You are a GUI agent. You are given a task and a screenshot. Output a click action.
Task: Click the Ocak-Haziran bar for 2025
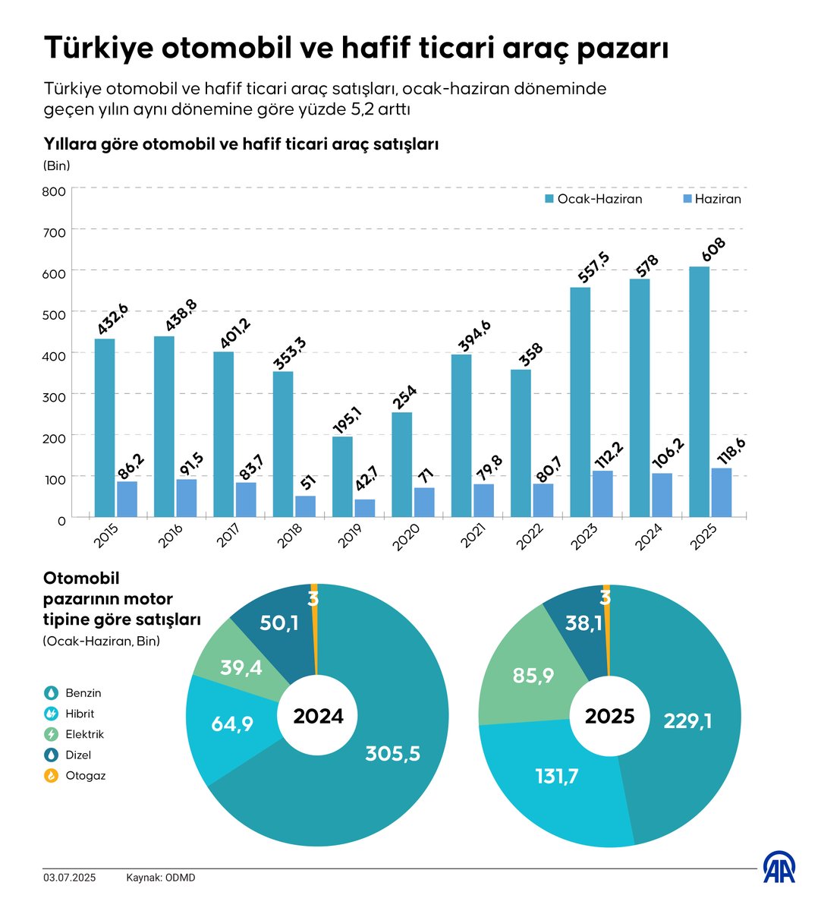tap(699, 392)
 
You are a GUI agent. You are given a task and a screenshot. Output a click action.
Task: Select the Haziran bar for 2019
tap(365, 508)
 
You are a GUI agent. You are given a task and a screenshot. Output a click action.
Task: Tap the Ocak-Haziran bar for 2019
tap(342, 477)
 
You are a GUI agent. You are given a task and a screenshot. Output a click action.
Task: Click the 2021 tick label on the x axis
tap(473, 539)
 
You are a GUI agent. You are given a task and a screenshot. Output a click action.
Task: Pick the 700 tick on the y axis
tap(55, 231)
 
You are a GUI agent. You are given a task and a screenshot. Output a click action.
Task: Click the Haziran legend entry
tap(711, 199)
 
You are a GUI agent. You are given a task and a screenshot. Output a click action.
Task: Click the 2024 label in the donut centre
tap(318, 716)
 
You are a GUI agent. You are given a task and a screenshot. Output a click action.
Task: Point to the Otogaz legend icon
tap(51, 776)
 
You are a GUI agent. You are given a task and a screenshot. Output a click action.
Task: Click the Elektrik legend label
tap(84, 734)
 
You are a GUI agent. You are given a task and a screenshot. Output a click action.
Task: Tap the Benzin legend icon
tap(51, 693)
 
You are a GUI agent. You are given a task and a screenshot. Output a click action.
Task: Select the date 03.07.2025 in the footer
tap(69, 878)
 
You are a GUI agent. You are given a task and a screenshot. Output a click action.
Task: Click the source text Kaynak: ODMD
tap(161, 878)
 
